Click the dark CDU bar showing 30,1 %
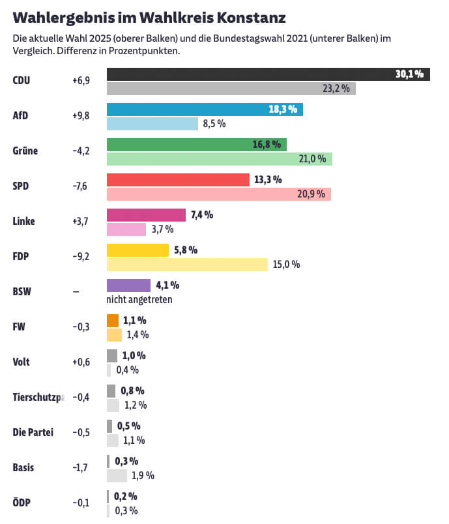point(267,74)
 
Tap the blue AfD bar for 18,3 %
point(204,109)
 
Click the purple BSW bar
point(128,285)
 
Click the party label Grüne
point(25,151)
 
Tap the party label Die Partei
point(33,432)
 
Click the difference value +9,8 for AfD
point(81,116)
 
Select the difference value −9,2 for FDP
point(81,257)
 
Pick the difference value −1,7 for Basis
point(81,467)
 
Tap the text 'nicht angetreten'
point(139,300)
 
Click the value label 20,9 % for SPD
point(311,194)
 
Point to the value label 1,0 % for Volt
point(134,356)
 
